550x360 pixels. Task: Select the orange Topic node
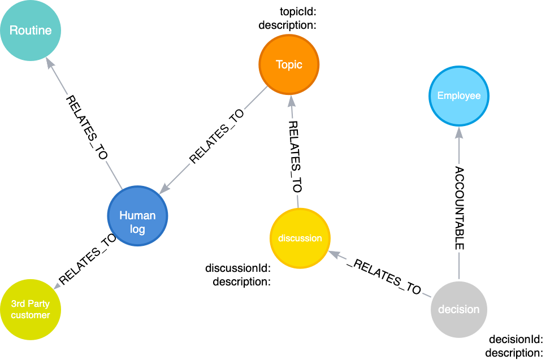(x=289, y=65)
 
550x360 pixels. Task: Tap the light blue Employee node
(x=458, y=96)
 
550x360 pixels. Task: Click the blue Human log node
(x=137, y=216)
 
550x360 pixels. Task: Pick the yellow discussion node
(x=300, y=238)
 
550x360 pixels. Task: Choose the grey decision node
(x=458, y=309)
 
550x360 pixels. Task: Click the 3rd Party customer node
(x=31, y=310)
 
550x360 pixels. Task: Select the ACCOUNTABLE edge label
(x=459, y=207)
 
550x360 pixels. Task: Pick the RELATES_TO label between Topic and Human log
(x=219, y=137)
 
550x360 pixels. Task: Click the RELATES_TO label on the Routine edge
(x=86, y=129)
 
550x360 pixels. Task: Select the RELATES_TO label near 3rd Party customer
(x=88, y=259)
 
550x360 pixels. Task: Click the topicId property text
(x=301, y=12)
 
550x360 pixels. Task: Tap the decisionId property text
(x=515, y=340)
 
